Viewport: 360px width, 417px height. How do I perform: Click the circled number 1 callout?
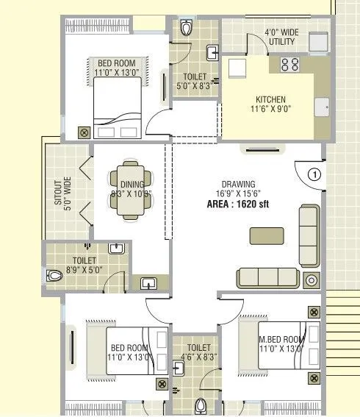point(314,175)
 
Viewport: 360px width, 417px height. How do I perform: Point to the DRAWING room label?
point(238,184)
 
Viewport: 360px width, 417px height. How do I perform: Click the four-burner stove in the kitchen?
point(289,64)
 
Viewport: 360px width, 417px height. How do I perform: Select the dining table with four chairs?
point(132,188)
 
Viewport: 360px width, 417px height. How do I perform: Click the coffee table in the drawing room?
point(266,236)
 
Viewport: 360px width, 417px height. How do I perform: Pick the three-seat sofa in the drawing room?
point(267,277)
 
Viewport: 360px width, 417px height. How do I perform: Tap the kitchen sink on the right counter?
point(321,107)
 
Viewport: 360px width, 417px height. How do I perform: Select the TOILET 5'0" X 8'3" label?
point(194,81)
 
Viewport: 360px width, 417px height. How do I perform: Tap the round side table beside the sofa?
point(312,280)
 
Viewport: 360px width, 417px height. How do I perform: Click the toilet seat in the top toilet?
point(187,29)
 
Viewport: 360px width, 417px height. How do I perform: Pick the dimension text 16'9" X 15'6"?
point(239,193)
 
